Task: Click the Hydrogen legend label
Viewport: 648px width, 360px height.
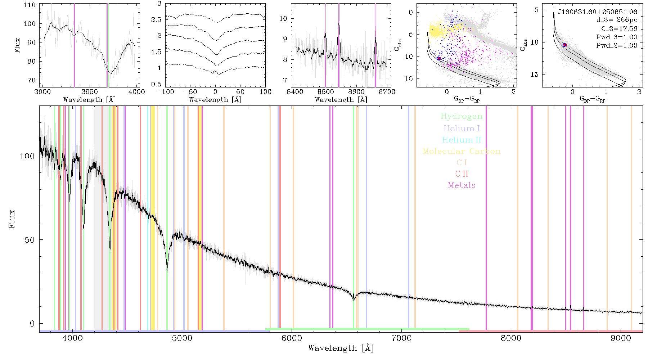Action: click(x=461, y=117)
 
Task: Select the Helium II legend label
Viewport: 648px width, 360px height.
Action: click(x=462, y=140)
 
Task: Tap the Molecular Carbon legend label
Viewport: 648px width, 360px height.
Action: click(x=462, y=151)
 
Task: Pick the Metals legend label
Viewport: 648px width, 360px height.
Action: click(x=462, y=185)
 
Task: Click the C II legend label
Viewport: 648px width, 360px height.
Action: click(x=462, y=174)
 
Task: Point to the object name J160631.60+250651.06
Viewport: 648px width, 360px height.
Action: click(x=597, y=12)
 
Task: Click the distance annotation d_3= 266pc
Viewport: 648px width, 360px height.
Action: click(x=612, y=20)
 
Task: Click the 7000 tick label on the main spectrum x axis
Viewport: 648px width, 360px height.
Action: click(x=401, y=338)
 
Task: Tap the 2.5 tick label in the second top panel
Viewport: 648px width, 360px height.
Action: click(x=156, y=19)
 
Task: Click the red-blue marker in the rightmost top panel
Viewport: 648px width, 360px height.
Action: click(x=564, y=45)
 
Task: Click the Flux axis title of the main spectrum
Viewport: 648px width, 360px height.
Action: click(x=12, y=219)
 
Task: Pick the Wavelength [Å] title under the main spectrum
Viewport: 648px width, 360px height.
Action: click(x=341, y=348)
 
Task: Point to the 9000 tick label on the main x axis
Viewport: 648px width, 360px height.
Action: click(x=621, y=338)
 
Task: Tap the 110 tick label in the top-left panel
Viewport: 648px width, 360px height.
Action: click(x=30, y=5)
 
